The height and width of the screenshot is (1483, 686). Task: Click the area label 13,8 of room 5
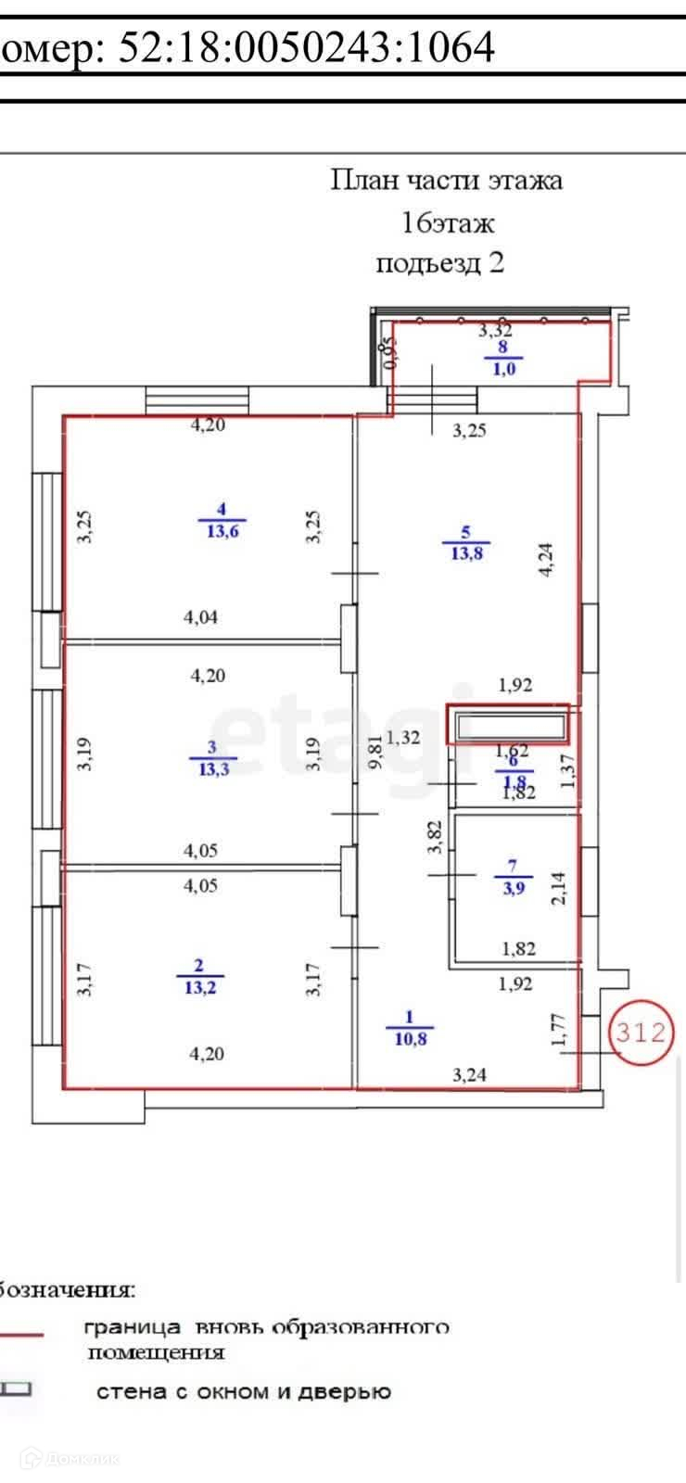pyautogui.click(x=466, y=554)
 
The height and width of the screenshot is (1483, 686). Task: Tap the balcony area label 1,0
pyautogui.click(x=504, y=368)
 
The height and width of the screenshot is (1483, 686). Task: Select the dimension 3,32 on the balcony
pyautogui.click(x=495, y=329)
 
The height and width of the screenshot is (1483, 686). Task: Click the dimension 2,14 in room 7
pyautogui.click(x=558, y=888)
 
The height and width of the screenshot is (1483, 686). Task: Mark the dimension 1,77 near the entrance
pyautogui.click(x=559, y=1030)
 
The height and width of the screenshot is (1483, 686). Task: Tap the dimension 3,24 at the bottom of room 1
pyautogui.click(x=469, y=1075)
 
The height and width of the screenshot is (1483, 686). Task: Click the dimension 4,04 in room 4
pyautogui.click(x=201, y=617)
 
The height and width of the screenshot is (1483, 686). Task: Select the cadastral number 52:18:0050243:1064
pyautogui.click(x=306, y=46)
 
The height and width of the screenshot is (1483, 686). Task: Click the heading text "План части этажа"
pyautogui.click(x=447, y=179)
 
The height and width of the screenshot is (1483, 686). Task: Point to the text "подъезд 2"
pyautogui.click(x=440, y=263)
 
